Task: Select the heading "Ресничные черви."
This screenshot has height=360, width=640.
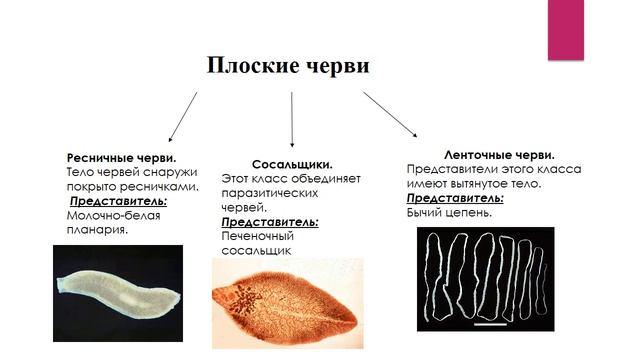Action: [x=121, y=158]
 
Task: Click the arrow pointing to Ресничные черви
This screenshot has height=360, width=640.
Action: [x=182, y=116]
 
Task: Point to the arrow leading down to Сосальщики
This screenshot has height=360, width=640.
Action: [x=292, y=119]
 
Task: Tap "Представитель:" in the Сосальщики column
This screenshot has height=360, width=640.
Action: [x=269, y=221]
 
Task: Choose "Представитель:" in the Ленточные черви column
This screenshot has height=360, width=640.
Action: [x=455, y=198]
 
